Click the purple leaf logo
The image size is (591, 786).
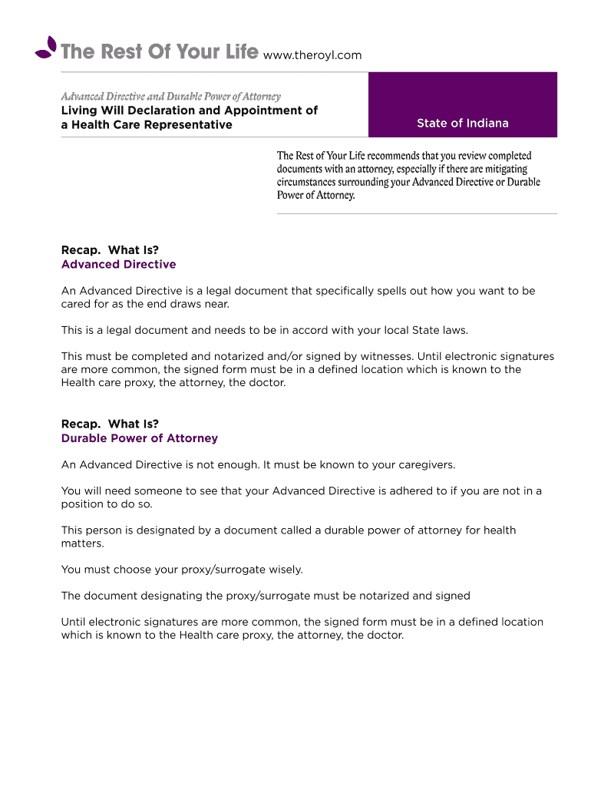click(47, 48)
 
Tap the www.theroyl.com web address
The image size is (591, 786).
click(312, 55)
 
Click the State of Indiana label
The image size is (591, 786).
click(462, 124)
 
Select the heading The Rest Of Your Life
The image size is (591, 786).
click(159, 52)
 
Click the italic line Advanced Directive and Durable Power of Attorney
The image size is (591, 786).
click(170, 97)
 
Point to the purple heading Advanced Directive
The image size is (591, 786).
click(118, 265)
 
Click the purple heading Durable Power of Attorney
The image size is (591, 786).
click(139, 439)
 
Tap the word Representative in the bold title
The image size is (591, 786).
click(191, 125)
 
